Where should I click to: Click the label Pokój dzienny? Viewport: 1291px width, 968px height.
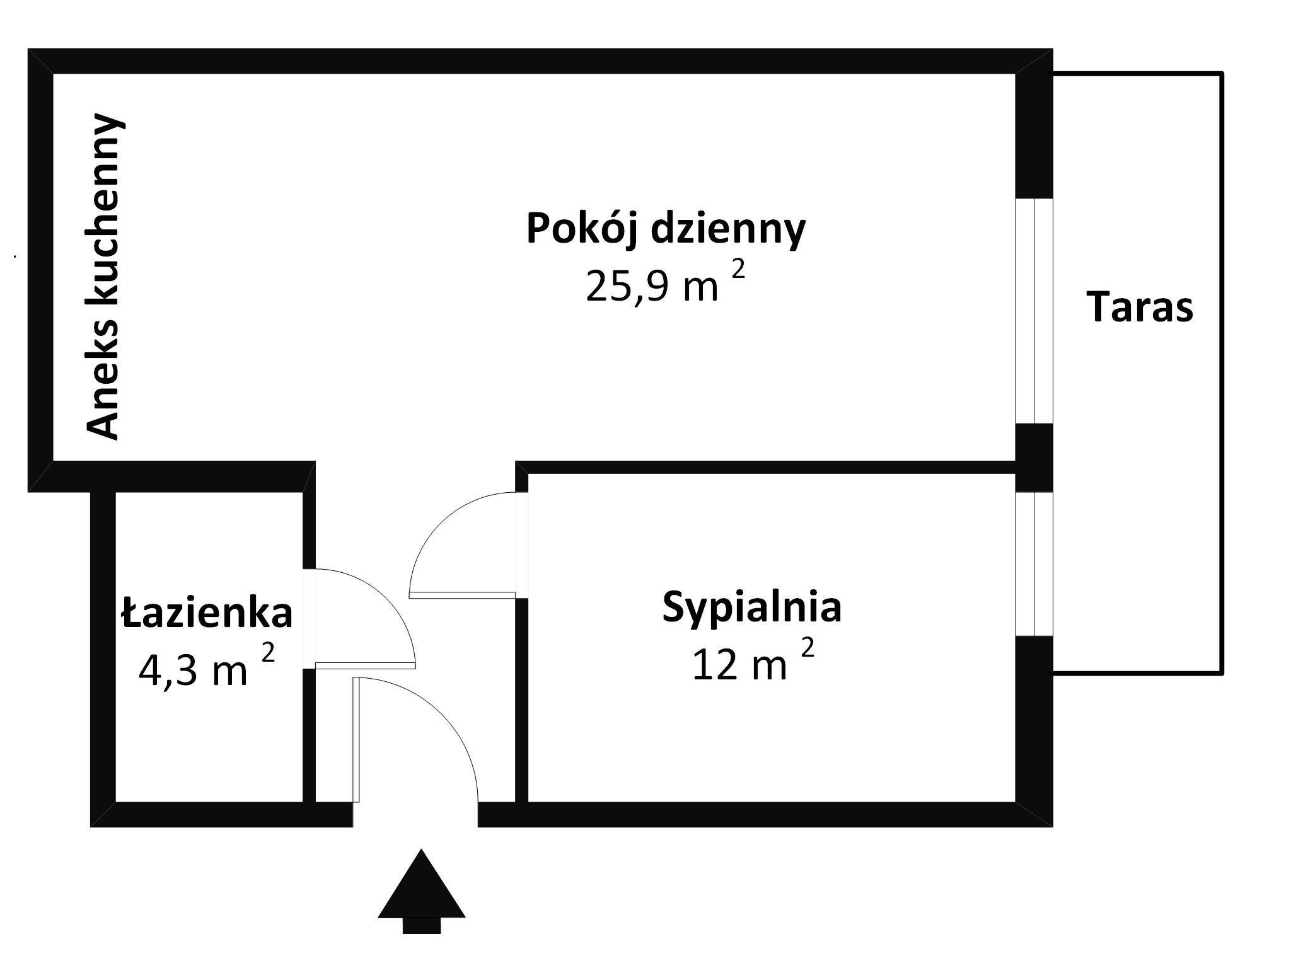666,229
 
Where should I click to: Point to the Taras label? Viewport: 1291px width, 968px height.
1140,308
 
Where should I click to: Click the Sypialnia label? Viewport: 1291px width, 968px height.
751,608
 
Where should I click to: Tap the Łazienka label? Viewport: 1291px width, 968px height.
207,613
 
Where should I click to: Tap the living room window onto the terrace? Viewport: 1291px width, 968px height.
1034,311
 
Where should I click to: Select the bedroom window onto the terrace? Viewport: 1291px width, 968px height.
1034,563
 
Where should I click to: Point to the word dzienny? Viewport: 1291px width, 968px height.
728,229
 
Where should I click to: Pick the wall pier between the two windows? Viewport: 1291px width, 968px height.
1034,458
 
